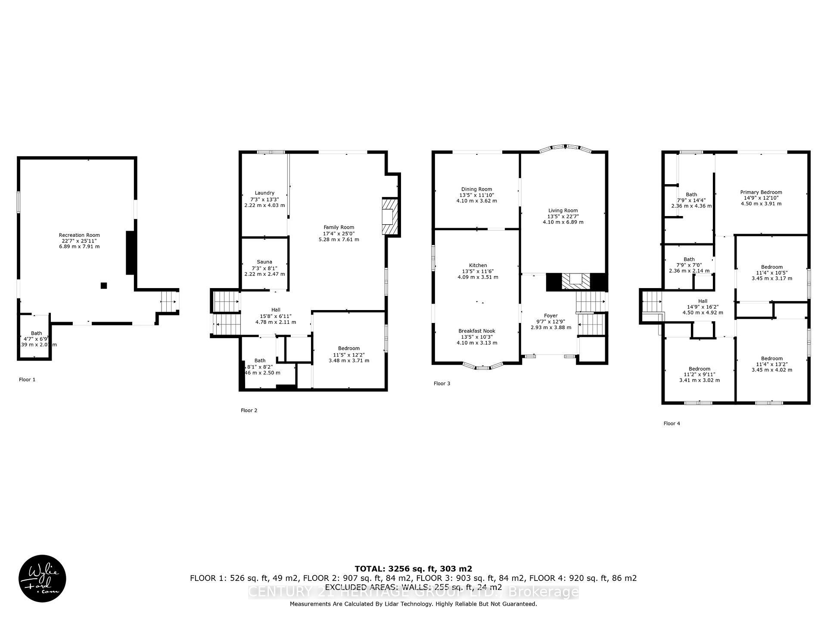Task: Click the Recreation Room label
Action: pyautogui.click(x=79, y=235)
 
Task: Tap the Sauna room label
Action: pyautogui.click(x=264, y=262)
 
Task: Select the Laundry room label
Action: pyautogui.click(x=264, y=193)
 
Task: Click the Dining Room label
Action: pyautogui.click(x=476, y=189)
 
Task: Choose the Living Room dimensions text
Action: pyautogui.click(x=563, y=220)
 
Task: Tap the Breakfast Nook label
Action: pyautogui.click(x=477, y=331)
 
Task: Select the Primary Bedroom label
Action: pyautogui.click(x=761, y=193)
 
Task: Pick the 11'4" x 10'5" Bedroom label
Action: pyautogui.click(x=771, y=267)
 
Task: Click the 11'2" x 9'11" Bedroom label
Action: pyautogui.click(x=699, y=369)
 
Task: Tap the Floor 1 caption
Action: pyautogui.click(x=27, y=380)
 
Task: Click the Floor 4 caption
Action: pyautogui.click(x=672, y=424)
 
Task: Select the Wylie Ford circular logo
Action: pyautogui.click(x=42, y=578)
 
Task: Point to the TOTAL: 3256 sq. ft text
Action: pyautogui.click(x=413, y=569)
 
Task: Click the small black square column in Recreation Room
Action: pyautogui.click(x=104, y=285)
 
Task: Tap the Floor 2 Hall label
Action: pyautogui.click(x=276, y=310)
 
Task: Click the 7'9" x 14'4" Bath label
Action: pyautogui.click(x=691, y=195)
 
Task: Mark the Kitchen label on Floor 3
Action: pyautogui.click(x=478, y=266)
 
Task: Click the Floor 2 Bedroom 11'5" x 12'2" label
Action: pyautogui.click(x=348, y=348)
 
